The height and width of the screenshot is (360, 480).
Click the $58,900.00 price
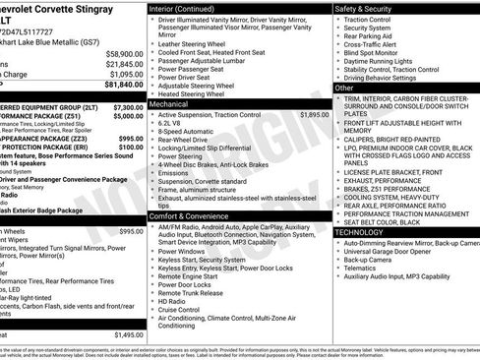click(x=124, y=54)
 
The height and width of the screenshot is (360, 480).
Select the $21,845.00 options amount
click(x=124, y=64)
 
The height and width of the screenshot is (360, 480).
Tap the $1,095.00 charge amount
click(x=126, y=74)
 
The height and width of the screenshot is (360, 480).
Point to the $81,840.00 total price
click(x=124, y=85)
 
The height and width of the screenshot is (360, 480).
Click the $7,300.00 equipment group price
click(x=128, y=107)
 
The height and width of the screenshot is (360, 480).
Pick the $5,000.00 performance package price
click(x=128, y=116)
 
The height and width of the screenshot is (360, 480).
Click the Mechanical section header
click(x=168, y=103)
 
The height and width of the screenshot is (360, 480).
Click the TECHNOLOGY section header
click(x=366, y=232)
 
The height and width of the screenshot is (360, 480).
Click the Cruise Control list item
click(x=183, y=308)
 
